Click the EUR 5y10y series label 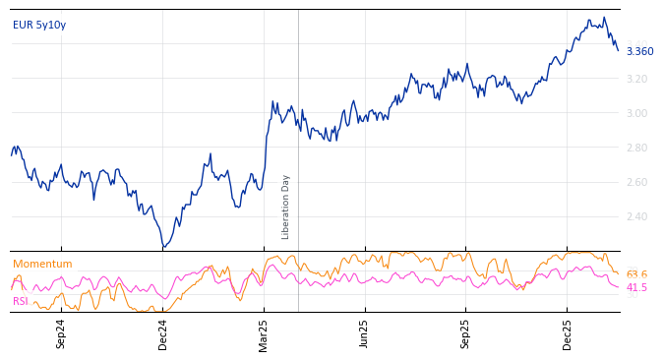(39, 25)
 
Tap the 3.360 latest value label (639, 51)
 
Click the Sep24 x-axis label (61, 333)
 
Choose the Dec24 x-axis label (163, 333)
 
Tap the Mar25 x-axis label (265, 333)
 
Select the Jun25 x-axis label (365, 333)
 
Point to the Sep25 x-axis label (466, 333)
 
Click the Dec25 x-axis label (568, 333)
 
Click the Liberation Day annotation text (286, 207)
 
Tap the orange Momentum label (42, 264)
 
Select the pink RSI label (21, 301)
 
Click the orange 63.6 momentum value (636, 274)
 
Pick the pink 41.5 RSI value (636, 287)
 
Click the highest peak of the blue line (588, 18)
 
